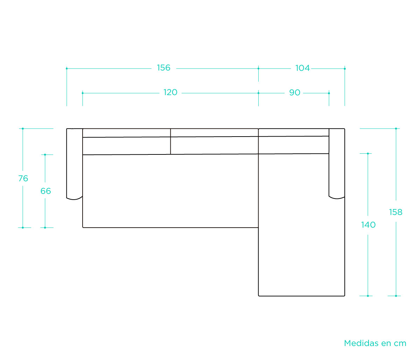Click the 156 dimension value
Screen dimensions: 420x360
(163, 68)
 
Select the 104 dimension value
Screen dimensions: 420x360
(302, 68)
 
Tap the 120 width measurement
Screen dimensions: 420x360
(170, 92)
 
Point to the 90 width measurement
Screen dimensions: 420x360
(295, 93)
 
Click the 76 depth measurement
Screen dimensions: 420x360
(23, 179)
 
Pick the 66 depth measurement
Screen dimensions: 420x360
(45, 191)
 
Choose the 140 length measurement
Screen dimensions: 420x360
(368, 225)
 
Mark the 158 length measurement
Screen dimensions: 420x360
(395, 212)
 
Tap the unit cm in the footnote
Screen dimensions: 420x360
(400, 344)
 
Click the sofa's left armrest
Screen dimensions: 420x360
(75, 164)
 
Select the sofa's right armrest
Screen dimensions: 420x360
(337, 164)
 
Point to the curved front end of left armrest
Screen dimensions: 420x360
(75, 199)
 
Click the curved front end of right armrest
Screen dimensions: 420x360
(337, 198)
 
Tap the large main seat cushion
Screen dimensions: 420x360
(170, 191)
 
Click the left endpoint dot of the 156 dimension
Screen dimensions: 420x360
(66, 69)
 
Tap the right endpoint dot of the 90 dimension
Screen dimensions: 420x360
(329, 93)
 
